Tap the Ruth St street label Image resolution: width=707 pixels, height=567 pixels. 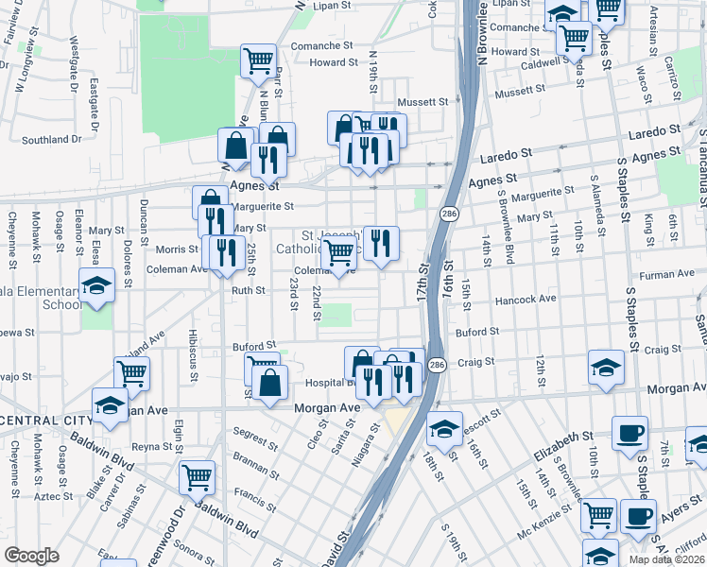[x=249, y=291]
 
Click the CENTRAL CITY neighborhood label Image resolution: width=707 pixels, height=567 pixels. [x=45, y=421]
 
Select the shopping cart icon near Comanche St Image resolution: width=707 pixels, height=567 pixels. [x=257, y=60]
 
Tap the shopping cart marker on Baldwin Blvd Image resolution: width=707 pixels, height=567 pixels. [x=197, y=475]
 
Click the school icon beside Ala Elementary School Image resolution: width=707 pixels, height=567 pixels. [x=95, y=283]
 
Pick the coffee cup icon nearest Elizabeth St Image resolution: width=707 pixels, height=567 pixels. [x=629, y=433]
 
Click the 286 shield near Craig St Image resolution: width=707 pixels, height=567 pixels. [x=436, y=365]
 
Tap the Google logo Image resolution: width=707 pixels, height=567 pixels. [x=31, y=556]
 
